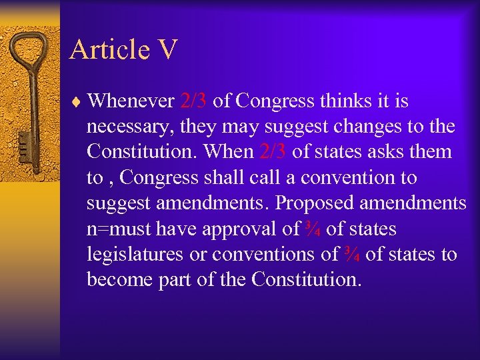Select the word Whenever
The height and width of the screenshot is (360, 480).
[131, 101]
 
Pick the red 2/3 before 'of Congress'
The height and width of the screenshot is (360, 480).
[193, 101]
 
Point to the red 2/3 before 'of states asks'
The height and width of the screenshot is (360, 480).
[273, 152]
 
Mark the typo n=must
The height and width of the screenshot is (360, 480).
[119, 229]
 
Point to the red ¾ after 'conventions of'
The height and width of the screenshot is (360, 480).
[352, 255]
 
